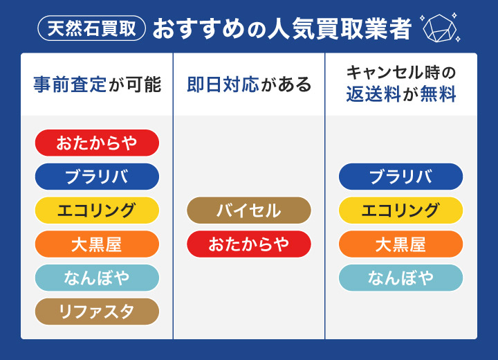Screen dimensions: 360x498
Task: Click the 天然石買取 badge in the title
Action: [x=92, y=28]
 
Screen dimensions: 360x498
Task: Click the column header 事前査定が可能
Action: [x=97, y=84]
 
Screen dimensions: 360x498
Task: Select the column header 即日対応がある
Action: [x=249, y=84]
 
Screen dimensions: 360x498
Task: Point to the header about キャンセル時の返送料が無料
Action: [x=401, y=83]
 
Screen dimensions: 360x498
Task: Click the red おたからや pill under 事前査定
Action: [x=97, y=143]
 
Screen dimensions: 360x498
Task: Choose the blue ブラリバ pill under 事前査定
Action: [x=97, y=177]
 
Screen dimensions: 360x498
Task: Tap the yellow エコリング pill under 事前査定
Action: [x=97, y=210]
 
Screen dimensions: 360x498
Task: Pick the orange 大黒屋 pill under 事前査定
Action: [x=97, y=244]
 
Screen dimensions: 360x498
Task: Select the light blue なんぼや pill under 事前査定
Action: [x=97, y=278]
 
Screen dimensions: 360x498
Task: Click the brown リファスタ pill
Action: [x=97, y=312]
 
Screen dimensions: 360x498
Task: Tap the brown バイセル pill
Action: [x=249, y=210]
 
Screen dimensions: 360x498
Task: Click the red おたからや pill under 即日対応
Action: [x=249, y=244]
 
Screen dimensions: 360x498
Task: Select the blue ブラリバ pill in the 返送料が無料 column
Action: [x=401, y=177]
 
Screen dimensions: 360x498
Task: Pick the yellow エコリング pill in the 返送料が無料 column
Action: [x=401, y=210]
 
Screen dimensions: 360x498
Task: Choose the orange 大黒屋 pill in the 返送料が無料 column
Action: [x=401, y=244]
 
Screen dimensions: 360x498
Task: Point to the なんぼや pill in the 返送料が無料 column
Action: [x=401, y=278]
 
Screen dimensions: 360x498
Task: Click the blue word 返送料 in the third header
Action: [x=374, y=95]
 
